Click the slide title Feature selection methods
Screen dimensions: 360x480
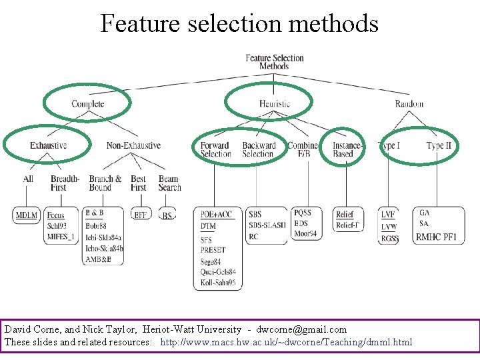pyautogui.click(x=239, y=24)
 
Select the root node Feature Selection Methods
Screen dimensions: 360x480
pyautogui.click(x=274, y=62)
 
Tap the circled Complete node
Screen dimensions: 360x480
pyautogui.click(x=88, y=104)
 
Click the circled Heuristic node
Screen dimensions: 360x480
pyautogui.click(x=275, y=104)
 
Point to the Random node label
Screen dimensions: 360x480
pyautogui.click(x=409, y=104)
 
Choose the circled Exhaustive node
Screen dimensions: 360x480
pyautogui.click(x=48, y=145)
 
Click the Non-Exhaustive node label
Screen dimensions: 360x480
pyautogui.click(x=133, y=145)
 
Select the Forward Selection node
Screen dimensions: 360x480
pyautogui.click(x=215, y=149)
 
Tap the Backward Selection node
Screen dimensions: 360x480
pyautogui.click(x=259, y=149)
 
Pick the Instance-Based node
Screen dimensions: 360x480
pyautogui.click(x=347, y=149)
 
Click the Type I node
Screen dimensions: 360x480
pyautogui.click(x=389, y=145)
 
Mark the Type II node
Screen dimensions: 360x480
pyautogui.click(x=439, y=145)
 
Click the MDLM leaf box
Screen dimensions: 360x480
pyautogui.click(x=27, y=215)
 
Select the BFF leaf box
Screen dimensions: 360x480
pyautogui.click(x=141, y=215)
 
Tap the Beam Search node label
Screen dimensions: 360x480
pyautogui.click(x=169, y=183)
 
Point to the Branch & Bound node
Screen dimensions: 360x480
pyautogui.click(x=105, y=183)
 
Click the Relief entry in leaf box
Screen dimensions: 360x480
pyautogui.click(x=345, y=214)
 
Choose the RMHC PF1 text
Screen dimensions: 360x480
pyautogui.click(x=436, y=237)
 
